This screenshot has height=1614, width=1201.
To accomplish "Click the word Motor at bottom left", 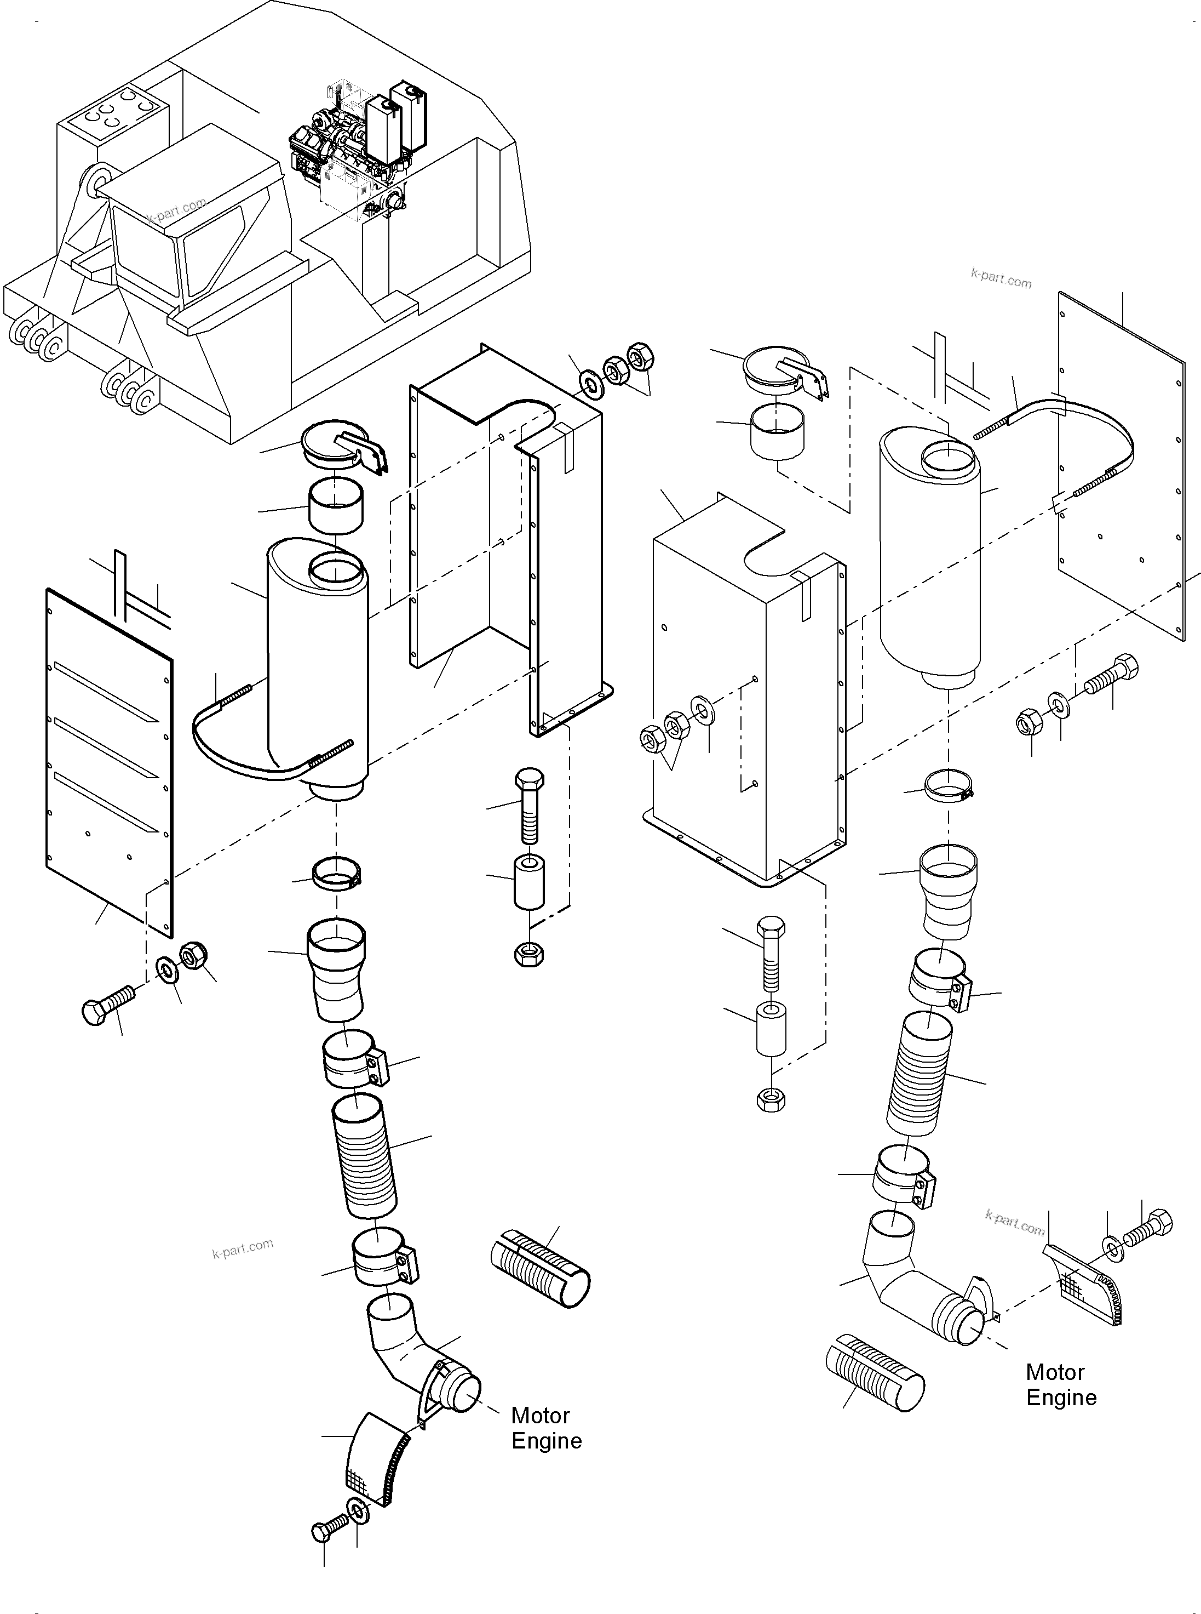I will click(539, 1416).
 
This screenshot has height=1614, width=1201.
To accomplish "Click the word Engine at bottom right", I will click(1061, 1398).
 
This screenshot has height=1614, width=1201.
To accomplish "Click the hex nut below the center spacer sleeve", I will click(528, 954).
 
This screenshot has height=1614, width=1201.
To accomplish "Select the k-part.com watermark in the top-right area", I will click(1001, 278).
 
